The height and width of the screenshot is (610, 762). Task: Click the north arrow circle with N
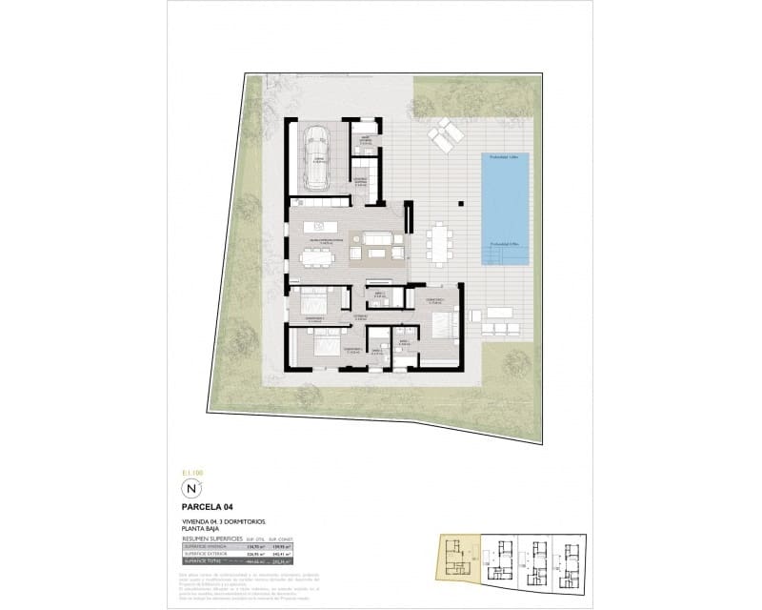pos(191,490)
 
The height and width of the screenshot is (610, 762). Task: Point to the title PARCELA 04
pos(207,508)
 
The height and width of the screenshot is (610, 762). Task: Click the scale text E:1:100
pos(193,472)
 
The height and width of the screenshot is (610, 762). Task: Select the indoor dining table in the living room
pos(315,254)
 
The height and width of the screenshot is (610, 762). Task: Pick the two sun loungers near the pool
pos(444,135)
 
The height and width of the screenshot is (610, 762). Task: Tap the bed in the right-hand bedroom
pos(444,324)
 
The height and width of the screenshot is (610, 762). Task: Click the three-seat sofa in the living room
pos(374,238)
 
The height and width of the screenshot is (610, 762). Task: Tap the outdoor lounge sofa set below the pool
pos(502,320)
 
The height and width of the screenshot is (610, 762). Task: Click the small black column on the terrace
pos(461,202)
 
